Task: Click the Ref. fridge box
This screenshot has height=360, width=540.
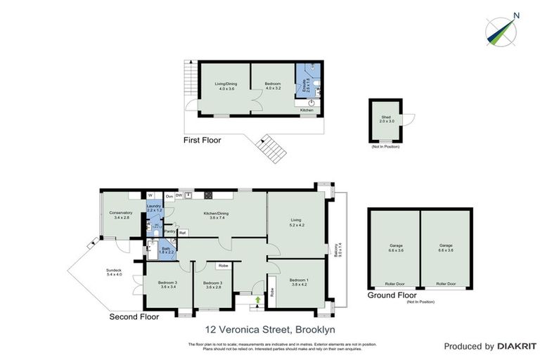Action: coord(182,231)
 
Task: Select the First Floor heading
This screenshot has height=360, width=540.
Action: coord(202,141)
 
